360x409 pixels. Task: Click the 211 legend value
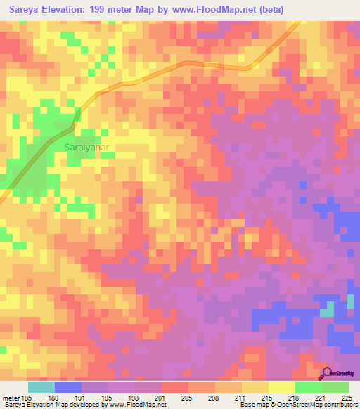242,398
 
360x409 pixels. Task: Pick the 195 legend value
108,398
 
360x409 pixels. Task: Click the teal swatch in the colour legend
41,387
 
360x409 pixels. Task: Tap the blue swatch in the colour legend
68,387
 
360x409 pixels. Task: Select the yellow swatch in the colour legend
255,387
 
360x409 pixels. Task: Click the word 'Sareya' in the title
20,8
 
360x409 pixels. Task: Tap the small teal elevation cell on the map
327,309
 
